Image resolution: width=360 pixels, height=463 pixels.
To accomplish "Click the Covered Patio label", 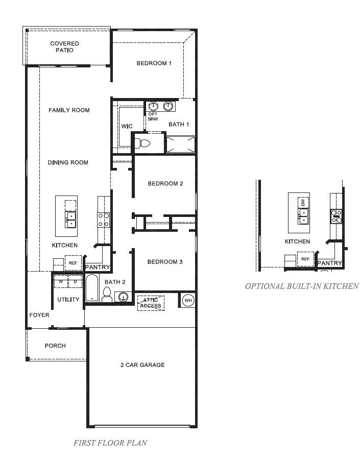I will click(64, 47).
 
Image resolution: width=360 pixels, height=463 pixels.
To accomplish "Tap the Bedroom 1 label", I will click(154, 63).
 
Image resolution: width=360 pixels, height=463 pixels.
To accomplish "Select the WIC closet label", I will click(127, 126).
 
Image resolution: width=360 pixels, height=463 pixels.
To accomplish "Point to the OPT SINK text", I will click(153, 116).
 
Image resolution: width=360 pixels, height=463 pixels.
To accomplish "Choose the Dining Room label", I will click(68, 162).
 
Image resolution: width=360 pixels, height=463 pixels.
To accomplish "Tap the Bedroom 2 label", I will click(165, 184).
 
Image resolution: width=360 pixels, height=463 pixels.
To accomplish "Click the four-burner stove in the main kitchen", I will click(104, 220).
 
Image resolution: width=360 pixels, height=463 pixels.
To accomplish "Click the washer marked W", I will click(61, 282).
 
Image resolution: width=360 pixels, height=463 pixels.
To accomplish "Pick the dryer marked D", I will click(76, 282).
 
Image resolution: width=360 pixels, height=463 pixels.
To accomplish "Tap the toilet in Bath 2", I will click(107, 294).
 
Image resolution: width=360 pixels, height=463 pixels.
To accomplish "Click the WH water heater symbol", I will click(187, 300).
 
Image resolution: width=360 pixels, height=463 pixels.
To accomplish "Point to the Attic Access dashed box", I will click(151, 303).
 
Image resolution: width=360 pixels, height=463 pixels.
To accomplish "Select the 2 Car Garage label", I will click(142, 365).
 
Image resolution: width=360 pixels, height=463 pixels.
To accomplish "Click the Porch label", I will click(55, 346).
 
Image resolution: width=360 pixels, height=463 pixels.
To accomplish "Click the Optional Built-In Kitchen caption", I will click(301, 286).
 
